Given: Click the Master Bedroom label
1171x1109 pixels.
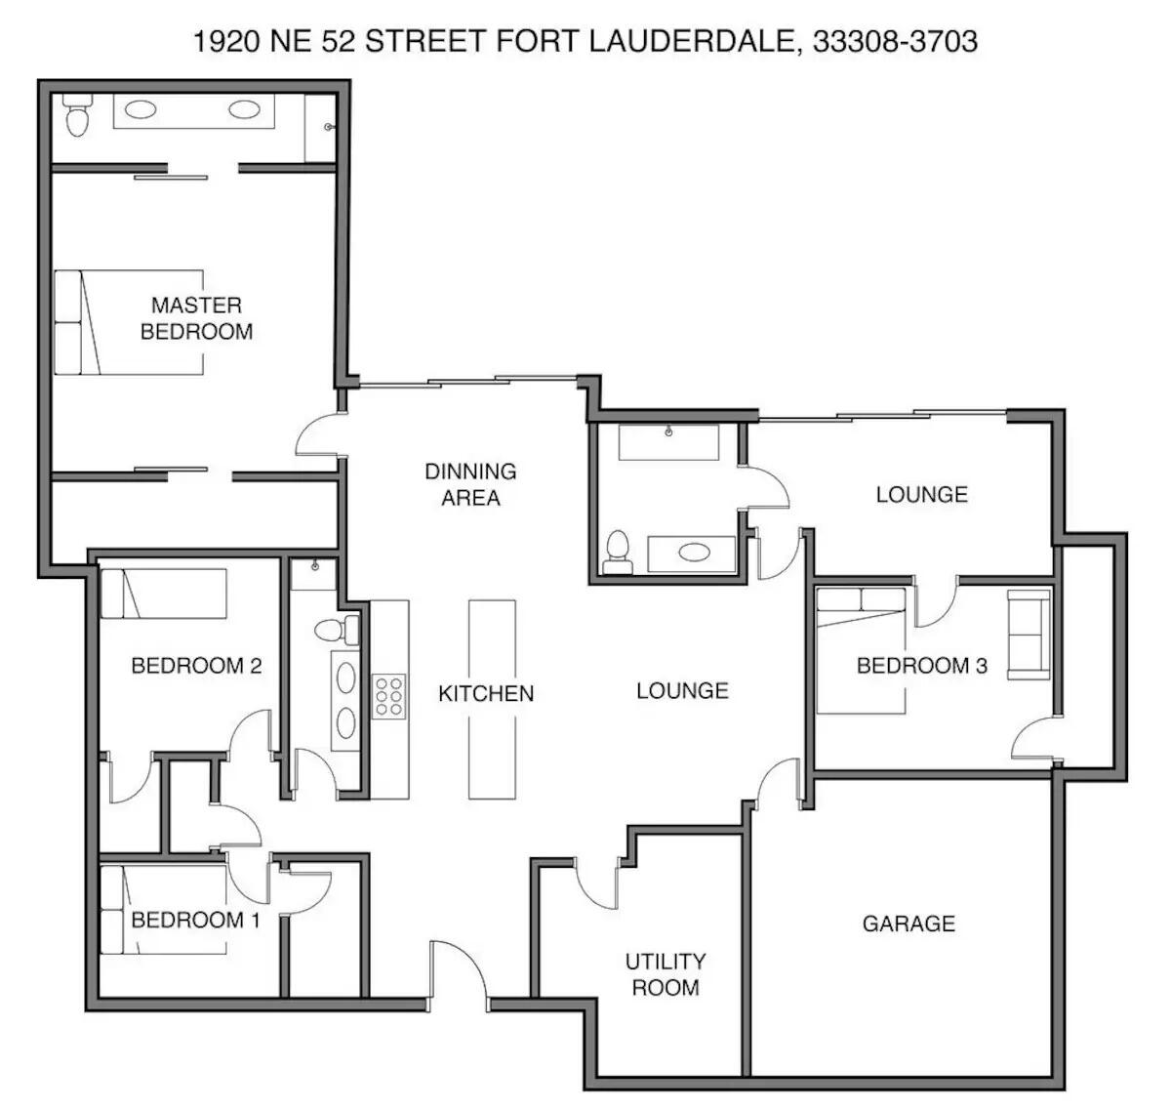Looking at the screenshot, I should coord(196,318).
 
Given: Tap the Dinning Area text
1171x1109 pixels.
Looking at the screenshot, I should coord(470,484).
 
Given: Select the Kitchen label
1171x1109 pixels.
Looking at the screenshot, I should coord(486,693).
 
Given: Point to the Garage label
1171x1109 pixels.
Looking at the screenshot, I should coord(909,923).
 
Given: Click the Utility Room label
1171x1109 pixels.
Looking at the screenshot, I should coord(666,974).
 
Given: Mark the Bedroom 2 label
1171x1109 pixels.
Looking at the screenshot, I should coord(196,666).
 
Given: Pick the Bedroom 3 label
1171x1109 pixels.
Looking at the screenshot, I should coord(922,666).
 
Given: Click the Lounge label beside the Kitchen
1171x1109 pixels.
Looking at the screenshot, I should coord(682,691).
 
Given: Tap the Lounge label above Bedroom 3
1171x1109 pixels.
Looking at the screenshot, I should coord(921,494).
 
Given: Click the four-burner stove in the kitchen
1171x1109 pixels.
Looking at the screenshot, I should coord(388,696).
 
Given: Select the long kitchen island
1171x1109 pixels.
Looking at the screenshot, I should coord(491,699).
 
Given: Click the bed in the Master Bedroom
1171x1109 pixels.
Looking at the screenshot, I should coord(128,322).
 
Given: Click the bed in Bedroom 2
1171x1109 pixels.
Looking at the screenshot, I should coord(164,594).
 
